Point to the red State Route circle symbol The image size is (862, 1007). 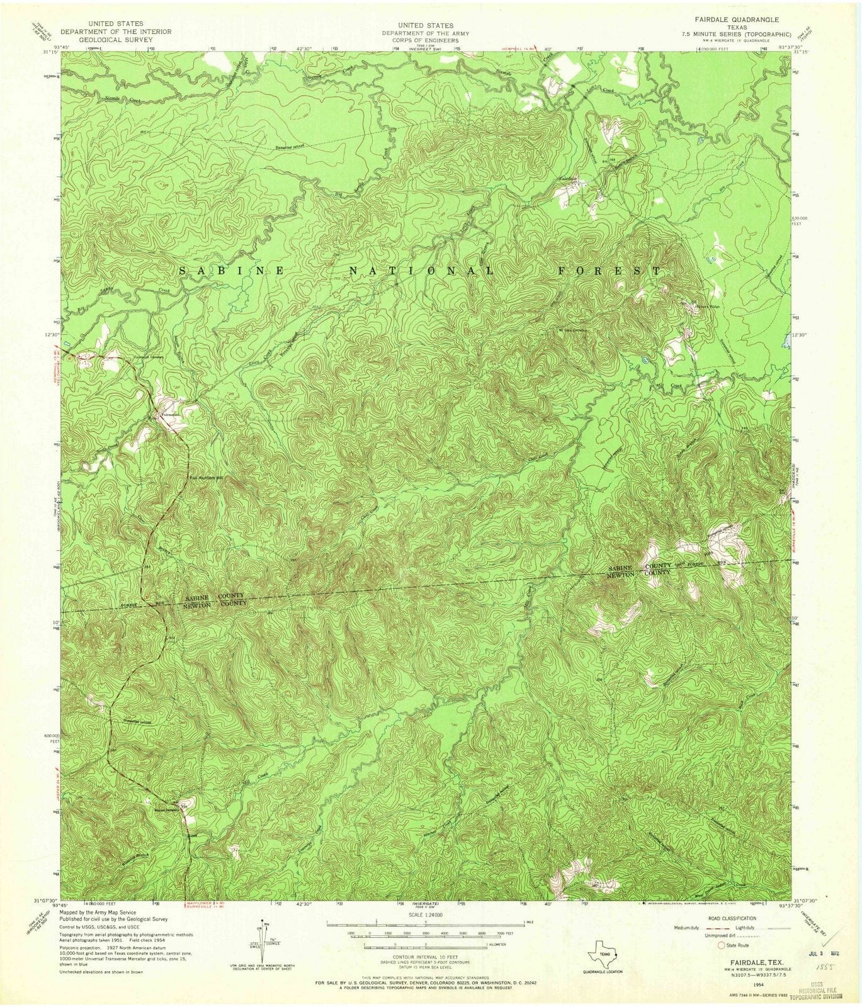722,945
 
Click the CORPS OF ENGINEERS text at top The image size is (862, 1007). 421,40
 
